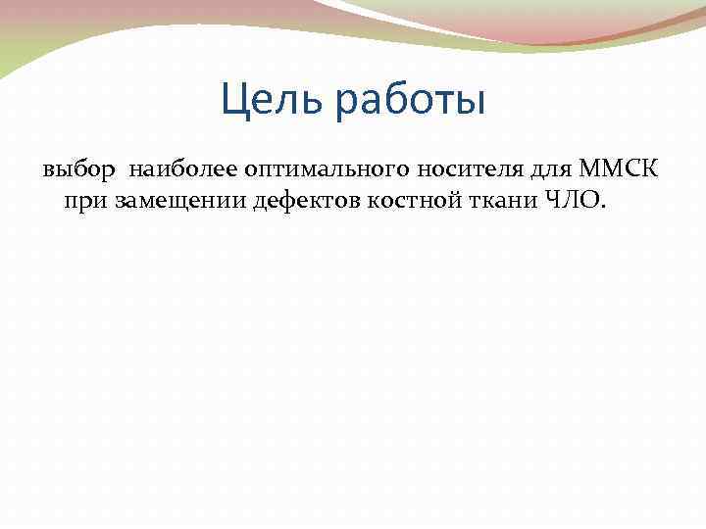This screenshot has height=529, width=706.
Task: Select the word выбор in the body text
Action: tap(78, 172)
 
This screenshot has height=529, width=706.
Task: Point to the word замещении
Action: tap(166, 202)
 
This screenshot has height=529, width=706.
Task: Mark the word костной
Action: tap(393, 202)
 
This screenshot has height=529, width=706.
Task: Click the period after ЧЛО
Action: tap(604, 208)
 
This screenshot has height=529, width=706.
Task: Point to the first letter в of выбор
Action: tap(48, 173)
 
